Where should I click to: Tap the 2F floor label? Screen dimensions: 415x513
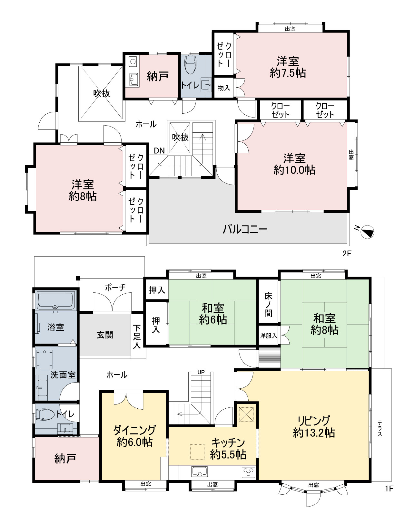point(347,253)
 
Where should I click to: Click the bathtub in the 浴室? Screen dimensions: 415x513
point(55,301)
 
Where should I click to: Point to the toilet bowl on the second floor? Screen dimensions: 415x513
point(190,64)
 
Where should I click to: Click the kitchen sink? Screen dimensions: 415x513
point(199,471)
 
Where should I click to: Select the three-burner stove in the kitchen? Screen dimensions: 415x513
point(248,472)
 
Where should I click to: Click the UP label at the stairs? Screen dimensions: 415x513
point(201,372)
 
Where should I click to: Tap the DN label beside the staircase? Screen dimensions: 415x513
point(159,151)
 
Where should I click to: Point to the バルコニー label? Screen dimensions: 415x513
point(244,229)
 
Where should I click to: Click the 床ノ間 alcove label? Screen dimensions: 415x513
point(268,305)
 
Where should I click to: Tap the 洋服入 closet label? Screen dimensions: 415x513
point(269,336)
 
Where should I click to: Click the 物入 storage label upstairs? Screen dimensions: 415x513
point(223,88)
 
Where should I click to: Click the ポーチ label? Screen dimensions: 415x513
point(115,287)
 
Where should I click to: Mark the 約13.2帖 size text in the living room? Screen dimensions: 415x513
point(314,433)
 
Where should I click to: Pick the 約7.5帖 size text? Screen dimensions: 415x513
point(288,72)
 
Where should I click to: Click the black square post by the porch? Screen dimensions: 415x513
point(78,279)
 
